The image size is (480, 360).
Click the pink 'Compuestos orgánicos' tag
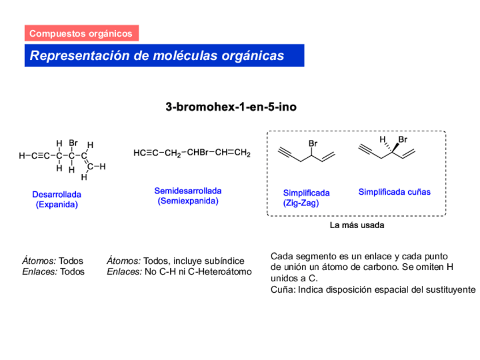(81, 33)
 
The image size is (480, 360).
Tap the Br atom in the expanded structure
(73, 144)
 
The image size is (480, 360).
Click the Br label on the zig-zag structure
(313, 144)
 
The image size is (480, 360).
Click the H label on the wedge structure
(383, 139)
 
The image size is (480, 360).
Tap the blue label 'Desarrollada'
(57, 195)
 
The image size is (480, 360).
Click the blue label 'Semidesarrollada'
(188, 191)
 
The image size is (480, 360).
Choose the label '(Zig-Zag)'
(301, 203)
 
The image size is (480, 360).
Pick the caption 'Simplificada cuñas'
(394, 192)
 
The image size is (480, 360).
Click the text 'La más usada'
(357, 225)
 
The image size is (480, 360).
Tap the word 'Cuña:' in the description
(282, 289)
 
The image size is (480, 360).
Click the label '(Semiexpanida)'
(188, 201)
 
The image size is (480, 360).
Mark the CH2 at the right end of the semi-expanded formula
(242, 153)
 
